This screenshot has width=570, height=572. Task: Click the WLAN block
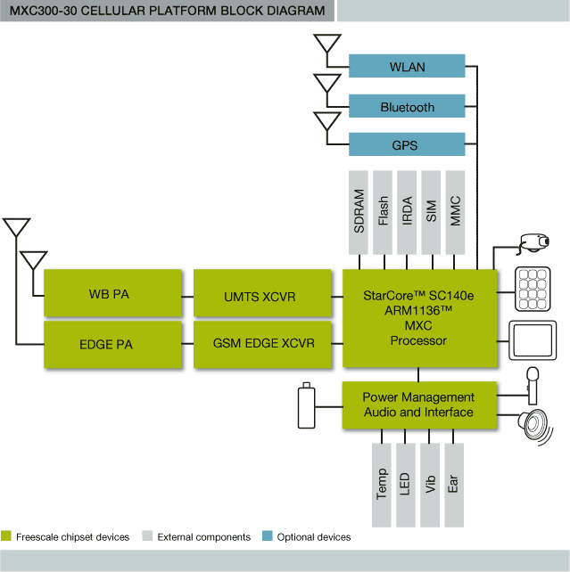click(x=407, y=67)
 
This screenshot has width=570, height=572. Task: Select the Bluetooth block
click(x=407, y=106)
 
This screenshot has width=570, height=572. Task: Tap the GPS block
click(x=407, y=144)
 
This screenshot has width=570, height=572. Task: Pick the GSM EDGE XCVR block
click(x=260, y=343)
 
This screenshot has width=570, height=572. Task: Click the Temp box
click(x=383, y=484)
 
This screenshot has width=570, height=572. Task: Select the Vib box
click(x=431, y=484)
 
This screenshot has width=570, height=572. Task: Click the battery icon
click(x=308, y=406)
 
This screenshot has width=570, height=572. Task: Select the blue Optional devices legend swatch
click(x=268, y=536)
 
